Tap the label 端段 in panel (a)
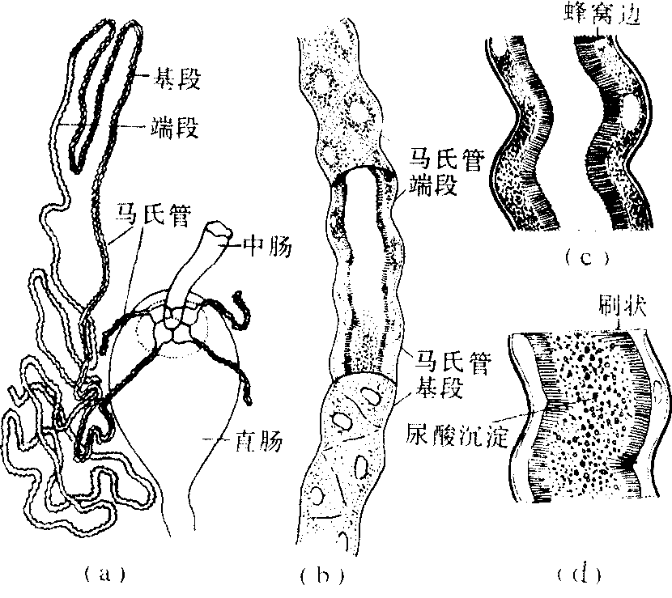point(175,127)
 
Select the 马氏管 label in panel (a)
point(152,216)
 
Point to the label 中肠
point(267,246)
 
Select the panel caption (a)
point(104,574)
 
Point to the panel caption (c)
point(586,257)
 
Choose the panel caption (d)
point(580,574)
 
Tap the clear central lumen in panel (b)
point(364,265)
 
